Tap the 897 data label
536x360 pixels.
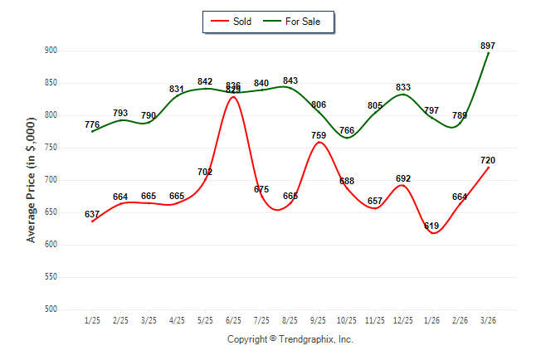489,46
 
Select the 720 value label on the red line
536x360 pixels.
489,160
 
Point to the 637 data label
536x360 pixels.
92,214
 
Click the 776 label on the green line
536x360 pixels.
92,124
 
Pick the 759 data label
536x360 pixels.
319,135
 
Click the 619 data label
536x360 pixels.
431,226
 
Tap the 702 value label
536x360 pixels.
205,172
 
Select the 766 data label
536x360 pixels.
347,130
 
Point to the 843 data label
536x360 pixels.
290,80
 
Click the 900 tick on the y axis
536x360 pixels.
51,51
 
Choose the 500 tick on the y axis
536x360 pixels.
51,309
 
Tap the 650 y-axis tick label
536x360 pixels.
51,212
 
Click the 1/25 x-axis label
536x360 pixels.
92,320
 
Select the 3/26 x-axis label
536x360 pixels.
489,320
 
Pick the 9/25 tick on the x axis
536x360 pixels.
319,320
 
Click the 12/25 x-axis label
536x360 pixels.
403,320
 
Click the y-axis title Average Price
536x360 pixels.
32,179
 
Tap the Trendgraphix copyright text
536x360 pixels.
290,339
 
